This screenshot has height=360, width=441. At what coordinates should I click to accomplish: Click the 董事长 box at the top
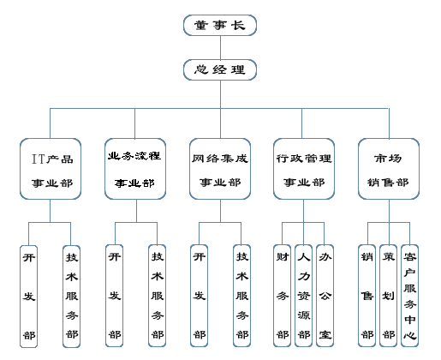pos(220,25)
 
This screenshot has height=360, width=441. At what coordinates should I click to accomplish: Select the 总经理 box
pos(220,69)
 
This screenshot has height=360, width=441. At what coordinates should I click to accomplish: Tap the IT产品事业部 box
pos(51,169)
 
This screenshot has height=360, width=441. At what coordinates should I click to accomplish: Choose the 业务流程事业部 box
pos(135,169)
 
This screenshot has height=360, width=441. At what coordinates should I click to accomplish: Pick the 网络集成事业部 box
pos(220,169)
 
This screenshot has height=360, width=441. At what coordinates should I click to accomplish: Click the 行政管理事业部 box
pos(304,169)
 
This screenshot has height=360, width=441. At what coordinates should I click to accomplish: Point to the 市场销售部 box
pos(389,169)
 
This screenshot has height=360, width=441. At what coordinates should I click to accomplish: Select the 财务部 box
pos(283,296)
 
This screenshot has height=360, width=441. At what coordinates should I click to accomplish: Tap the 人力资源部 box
pos(303,296)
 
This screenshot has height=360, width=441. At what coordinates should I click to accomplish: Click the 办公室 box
pos(325,296)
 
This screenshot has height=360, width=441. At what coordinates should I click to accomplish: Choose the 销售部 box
pos(367,296)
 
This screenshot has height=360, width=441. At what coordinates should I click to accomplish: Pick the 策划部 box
pos(389,296)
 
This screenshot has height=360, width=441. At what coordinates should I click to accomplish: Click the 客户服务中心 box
pos(410,296)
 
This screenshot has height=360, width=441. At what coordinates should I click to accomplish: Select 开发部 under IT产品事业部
pos(29,297)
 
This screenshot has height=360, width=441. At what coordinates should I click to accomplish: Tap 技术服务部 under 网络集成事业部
pos(242,296)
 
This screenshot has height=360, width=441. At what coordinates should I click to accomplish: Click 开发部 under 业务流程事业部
pos(115,296)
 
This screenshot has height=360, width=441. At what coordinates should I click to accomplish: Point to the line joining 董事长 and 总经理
pos(220,47)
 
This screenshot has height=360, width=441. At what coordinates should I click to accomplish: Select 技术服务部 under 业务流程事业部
pos(158,296)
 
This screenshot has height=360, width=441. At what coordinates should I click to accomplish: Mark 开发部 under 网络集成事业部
pos(200,296)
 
